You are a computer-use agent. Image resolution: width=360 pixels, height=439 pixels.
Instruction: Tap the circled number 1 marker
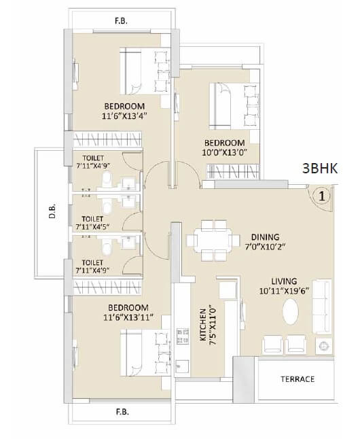[323, 196]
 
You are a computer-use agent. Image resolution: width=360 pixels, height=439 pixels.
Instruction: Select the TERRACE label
[296, 379]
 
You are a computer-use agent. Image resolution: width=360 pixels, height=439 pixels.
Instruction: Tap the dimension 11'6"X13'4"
[124, 117]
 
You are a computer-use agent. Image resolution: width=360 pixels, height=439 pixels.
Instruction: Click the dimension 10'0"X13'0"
[225, 153]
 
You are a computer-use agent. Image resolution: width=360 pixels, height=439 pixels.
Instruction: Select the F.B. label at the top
[123, 20]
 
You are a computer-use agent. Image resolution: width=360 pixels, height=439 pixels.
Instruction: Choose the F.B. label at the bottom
[123, 412]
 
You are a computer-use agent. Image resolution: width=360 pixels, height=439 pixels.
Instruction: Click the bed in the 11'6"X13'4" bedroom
[143, 70]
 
